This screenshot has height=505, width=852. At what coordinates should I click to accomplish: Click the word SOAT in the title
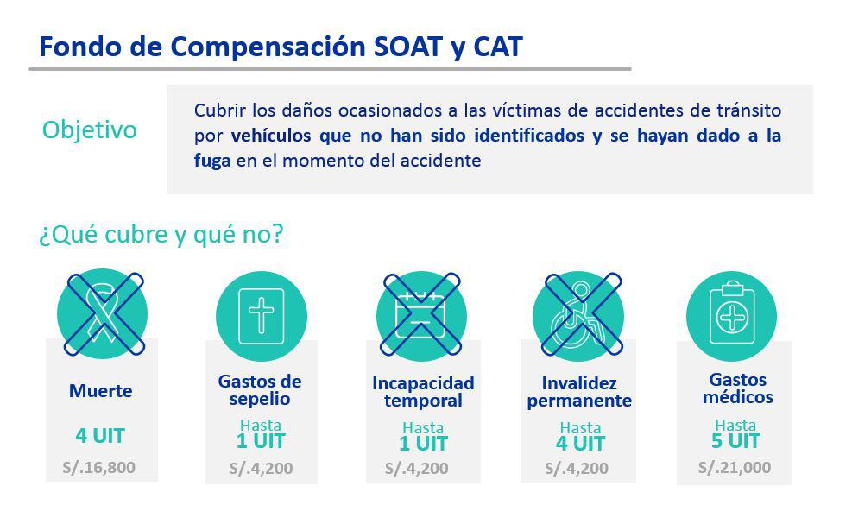pyautogui.click(x=407, y=47)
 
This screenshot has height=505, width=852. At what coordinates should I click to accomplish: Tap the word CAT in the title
pyautogui.click(x=498, y=47)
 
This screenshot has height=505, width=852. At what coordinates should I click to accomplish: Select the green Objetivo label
pyautogui.click(x=90, y=130)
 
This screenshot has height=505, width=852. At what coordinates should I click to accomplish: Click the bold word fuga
pyautogui.click(x=211, y=161)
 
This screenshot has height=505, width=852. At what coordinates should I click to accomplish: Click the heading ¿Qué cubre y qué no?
pyautogui.click(x=161, y=234)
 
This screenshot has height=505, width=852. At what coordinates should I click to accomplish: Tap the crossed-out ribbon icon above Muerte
pyautogui.click(x=103, y=314)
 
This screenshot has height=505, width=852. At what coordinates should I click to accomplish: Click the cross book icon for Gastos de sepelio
pyautogui.click(x=262, y=316)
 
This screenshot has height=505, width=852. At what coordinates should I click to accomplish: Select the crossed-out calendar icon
pyautogui.click(x=421, y=315)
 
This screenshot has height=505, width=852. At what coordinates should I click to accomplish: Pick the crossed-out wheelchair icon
pyautogui.click(x=579, y=316)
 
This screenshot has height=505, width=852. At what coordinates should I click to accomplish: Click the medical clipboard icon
pyautogui.click(x=731, y=316)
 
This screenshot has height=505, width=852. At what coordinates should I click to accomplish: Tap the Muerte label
pyautogui.click(x=100, y=391)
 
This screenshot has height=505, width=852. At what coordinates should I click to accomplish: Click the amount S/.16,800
pyautogui.click(x=99, y=468)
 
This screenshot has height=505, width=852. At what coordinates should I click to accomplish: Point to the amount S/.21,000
pyautogui.click(x=734, y=468)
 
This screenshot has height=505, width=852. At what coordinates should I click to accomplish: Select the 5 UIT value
pyautogui.click(x=735, y=441)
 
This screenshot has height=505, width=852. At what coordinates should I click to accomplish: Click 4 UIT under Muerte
pyautogui.click(x=100, y=436)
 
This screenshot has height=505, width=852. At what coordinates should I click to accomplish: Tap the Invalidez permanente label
pyautogui.click(x=579, y=392)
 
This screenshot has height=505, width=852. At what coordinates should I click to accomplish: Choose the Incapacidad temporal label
pyautogui.click(x=423, y=391)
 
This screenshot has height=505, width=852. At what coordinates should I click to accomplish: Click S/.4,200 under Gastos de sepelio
pyautogui.click(x=261, y=468)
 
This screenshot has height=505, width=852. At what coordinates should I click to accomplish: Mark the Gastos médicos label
pyautogui.click(x=737, y=388)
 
